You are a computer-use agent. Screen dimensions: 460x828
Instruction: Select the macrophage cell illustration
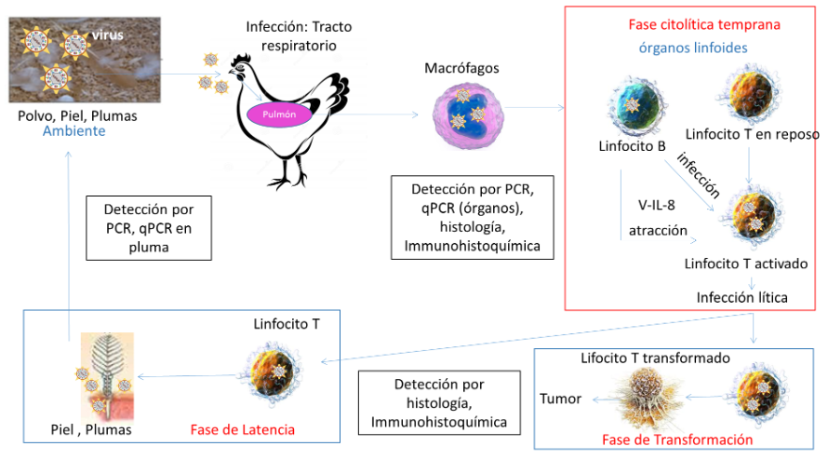coord(469,118)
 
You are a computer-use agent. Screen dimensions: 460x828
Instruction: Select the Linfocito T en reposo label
coord(752,134)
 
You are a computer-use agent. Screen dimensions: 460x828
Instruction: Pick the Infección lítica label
coord(741,297)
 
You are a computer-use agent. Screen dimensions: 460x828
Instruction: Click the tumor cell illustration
coord(650,395)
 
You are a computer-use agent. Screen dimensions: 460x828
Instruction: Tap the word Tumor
coord(561,399)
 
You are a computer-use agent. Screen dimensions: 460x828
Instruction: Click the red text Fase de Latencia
coord(242,429)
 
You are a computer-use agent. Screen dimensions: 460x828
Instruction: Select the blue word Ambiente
coord(73,131)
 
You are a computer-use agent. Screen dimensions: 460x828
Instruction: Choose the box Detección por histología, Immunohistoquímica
coord(438,403)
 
